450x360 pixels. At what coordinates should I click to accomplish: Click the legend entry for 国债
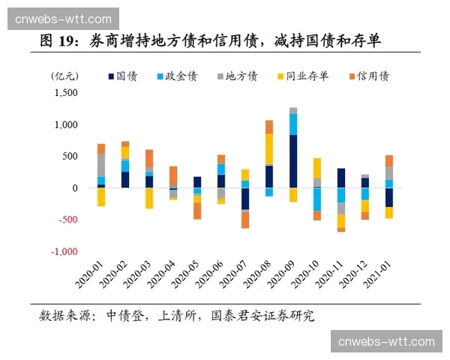pyautogui.click(x=126, y=76)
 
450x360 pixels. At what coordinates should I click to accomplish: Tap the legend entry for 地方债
pyautogui.click(x=235, y=76)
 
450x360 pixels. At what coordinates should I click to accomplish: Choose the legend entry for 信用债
pyautogui.click(x=367, y=76)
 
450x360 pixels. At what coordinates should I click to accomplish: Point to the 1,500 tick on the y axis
pyautogui.click(x=67, y=93)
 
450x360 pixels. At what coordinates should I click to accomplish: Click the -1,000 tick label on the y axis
pyautogui.click(x=64, y=252)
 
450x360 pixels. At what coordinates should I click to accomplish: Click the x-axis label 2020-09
pyautogui.click(x=283, y=275)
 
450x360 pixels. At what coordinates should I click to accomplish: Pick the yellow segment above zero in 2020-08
pyautogui.click(x=268, y=148)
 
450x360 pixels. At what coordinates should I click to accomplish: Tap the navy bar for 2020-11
pyautogui.click(x=341, y=178)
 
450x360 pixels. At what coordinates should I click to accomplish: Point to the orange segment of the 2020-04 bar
pyautogui.click(x=173, y=175)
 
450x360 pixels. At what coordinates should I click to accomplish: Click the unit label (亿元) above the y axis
pyautogui.click(x=63, y=76)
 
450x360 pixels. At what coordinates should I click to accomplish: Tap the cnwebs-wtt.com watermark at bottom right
pyautogui.click(x=386, y=342)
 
